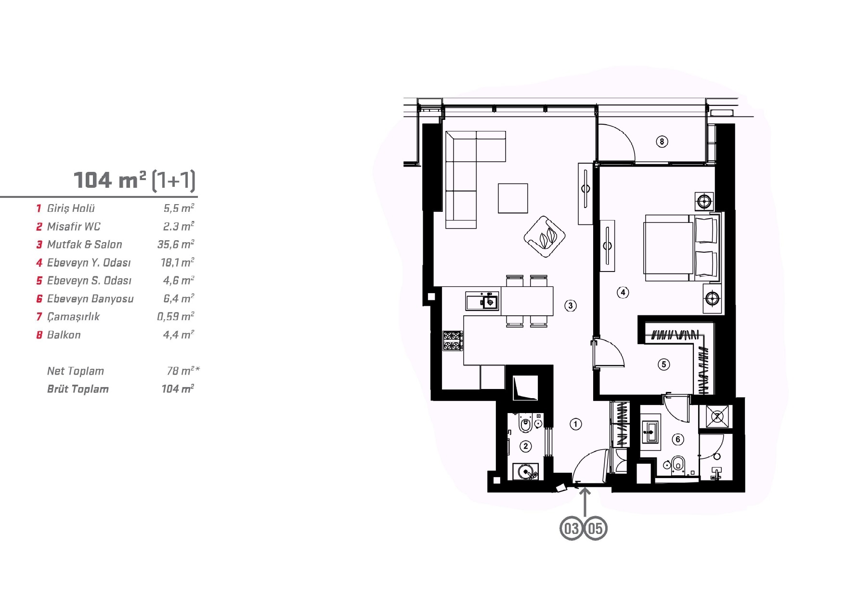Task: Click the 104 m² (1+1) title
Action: [134, 180]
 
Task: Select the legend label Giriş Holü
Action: [71, 208]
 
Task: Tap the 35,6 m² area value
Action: [176, 245]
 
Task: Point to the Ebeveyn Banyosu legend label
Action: [90, 299]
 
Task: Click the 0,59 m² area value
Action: [176, 317]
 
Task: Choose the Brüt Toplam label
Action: [78, 389]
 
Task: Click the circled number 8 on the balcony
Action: [662, 142]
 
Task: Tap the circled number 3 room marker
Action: [571, 305]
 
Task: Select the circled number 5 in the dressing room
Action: [664, 364]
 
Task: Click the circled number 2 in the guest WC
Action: [526, 446]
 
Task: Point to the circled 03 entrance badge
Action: [572, 529]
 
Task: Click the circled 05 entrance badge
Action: [596, 529]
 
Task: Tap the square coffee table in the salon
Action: [513, 198]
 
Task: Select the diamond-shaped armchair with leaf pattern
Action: [545, 236]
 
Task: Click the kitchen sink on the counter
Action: [482, 301]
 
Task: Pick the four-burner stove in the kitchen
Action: [453, 340]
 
